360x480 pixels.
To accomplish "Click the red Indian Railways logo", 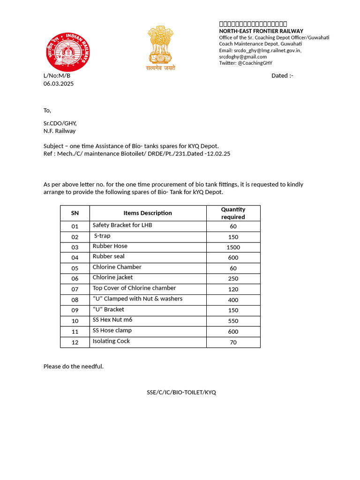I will click(67, 51).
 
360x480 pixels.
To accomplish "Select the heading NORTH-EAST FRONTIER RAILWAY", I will click(261, 31).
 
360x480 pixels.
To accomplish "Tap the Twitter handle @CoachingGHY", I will click(255, 63).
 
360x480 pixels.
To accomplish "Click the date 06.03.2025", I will click(59, 83).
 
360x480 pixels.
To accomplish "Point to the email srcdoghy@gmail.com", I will click(243, 57).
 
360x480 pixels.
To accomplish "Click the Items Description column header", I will click(148, 213).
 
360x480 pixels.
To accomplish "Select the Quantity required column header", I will click(233, 213).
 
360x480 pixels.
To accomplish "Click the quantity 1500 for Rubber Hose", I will click(233, 247).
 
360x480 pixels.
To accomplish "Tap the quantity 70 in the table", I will click(233, 342).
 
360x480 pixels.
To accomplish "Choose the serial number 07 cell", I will click(75, 289).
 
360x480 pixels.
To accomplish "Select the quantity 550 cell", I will click(233, 321).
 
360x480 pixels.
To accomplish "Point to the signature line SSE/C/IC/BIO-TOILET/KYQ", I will click(181, 392).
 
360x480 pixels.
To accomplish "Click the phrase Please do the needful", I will click(74, 366).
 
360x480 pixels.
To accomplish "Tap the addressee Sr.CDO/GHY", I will click(60, 123).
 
